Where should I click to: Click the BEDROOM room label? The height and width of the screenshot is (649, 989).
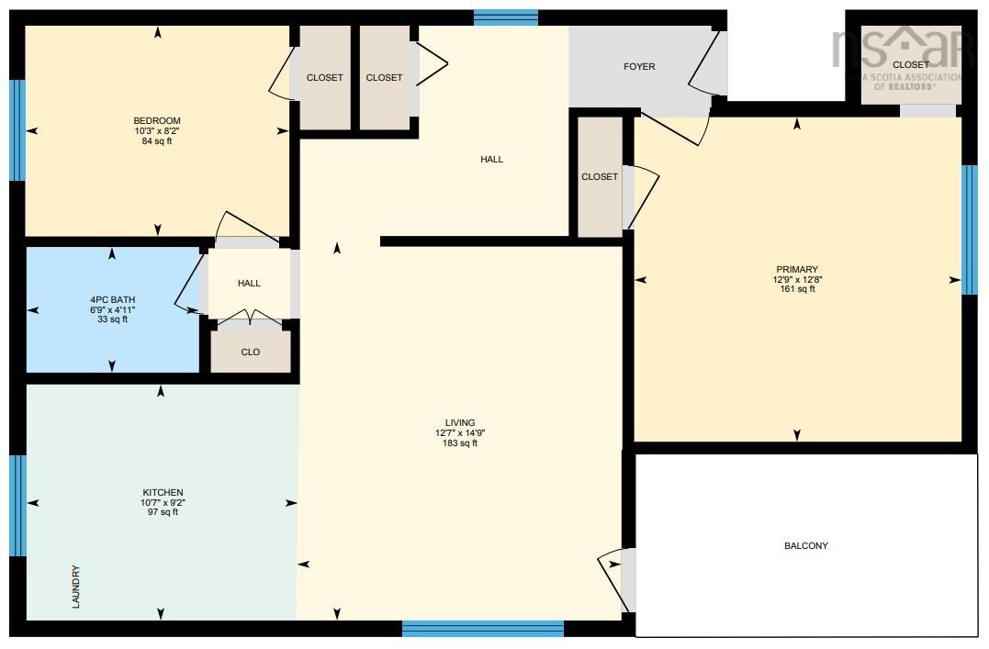point(157,120)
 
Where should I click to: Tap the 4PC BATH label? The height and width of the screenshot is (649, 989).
point(112,299)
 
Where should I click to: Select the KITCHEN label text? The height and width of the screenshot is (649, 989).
point(163,493)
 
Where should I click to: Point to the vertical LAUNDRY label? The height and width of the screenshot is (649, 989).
point(76,587)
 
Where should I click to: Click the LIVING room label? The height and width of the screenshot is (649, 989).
point(460,422)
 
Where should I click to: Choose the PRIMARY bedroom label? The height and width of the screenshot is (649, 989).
point(797,269)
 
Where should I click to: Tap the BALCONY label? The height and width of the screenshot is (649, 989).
point(806,545)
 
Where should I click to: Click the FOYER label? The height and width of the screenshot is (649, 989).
point(639,66)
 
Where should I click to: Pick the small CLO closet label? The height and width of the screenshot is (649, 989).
point(251,352)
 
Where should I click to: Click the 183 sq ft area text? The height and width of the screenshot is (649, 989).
point(460,443)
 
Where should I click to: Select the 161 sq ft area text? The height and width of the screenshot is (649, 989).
point(797,289)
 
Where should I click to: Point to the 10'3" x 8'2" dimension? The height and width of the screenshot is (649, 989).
point(157,130)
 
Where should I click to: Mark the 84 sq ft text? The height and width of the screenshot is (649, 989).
point(157,141)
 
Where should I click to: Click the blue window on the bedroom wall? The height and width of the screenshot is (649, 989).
point(17,130)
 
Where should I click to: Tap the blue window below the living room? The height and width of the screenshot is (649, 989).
point(482,628)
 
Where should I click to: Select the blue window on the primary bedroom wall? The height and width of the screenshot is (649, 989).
point(970,229)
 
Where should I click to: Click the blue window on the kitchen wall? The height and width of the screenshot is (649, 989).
point(17,506)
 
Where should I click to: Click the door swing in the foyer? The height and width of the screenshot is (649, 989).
point(706,62)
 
